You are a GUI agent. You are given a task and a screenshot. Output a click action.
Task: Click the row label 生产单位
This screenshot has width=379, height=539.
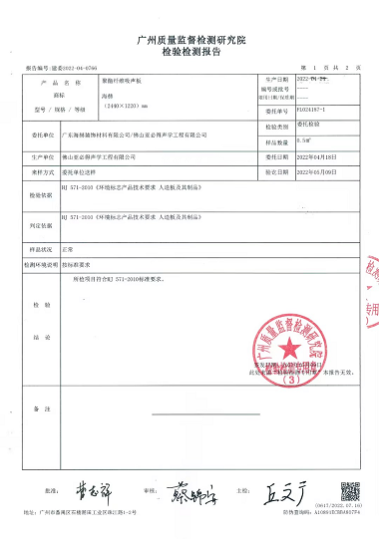(x=41, y=157)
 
